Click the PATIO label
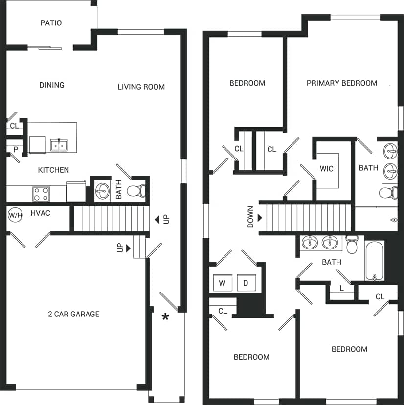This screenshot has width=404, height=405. coord(51,23)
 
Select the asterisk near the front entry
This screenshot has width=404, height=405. coord(165,317)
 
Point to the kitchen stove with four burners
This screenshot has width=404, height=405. coord(41,194)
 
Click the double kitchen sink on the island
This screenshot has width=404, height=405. coord(59,145)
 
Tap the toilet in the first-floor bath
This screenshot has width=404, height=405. coord(135,190)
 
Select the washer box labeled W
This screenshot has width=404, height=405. coord(222,283)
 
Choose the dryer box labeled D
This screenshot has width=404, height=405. coord(246,283)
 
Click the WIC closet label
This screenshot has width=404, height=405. coord(326,169)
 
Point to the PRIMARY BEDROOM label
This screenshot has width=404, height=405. coord(342,83)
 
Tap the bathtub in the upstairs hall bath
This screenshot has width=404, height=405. coord(375,260)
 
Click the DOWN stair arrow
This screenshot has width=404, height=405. coord(260,218)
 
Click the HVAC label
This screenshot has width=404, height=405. coord(41,214)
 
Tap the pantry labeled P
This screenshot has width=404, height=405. coord(16,149)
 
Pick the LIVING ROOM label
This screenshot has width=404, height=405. coord(141,87)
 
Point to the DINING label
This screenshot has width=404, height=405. coord(51,85)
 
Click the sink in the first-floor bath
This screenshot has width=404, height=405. coord(102,190)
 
